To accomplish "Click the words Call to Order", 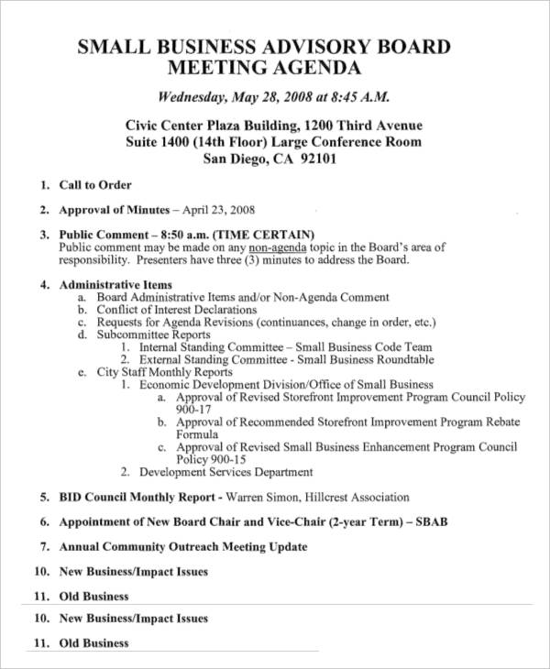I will point(95,185).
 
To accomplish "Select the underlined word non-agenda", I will point(276,247).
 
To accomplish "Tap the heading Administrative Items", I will point(115,285).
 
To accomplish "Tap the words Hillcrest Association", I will point(357,498).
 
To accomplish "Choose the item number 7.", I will point(43,547).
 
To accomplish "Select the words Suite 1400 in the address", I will point(157,142).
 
